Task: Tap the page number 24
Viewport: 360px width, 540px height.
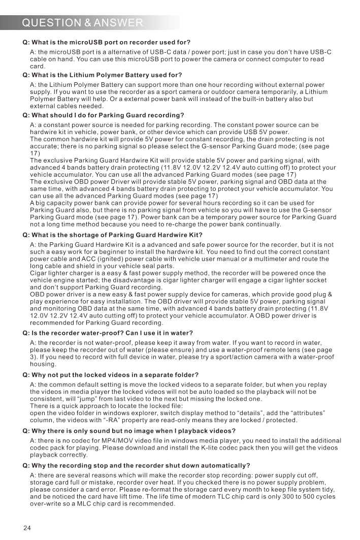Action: click(x=27, y=528)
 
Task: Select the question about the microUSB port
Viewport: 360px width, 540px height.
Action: click(x=106, y=42)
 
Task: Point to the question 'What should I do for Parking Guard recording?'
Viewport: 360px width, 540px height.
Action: click(x=103, y=115)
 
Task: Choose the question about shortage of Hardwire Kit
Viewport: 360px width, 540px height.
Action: click(x=112, y=235)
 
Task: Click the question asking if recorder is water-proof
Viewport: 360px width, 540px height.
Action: click(x=108, y=333)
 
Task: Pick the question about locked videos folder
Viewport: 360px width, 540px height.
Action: click(x=110, y=375)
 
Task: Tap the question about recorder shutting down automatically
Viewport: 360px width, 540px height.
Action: click(x=136, y=466)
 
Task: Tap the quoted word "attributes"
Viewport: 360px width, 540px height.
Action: click(x=305, y=414)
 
